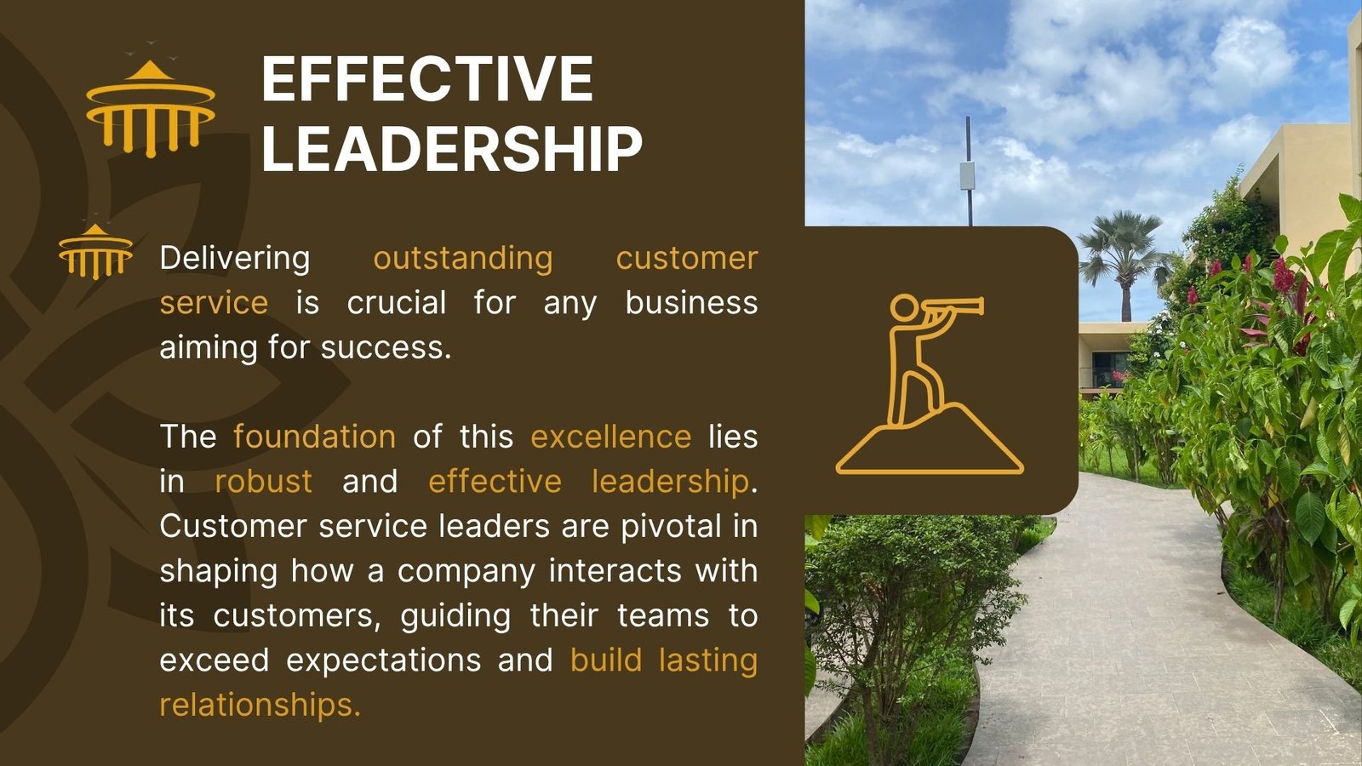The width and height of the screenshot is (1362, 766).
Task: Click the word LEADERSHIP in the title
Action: coord(452,148)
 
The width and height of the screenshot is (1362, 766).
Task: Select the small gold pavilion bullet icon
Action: coord(95,250)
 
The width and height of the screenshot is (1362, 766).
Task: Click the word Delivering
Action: coord(235,259)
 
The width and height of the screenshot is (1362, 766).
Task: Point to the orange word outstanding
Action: coord(463,259)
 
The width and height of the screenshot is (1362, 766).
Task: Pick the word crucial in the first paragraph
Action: coord(397,303)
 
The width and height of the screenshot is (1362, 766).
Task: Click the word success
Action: coord(386,348)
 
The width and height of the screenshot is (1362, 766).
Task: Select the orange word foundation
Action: coord(314,437)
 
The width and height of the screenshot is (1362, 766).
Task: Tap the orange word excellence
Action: coord(610,437)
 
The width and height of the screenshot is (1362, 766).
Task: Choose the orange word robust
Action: coord(263,482)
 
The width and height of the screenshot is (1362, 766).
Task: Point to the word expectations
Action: coord(383,661)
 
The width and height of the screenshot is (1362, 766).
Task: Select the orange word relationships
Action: coord(260,705)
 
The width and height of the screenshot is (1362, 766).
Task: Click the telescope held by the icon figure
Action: coord(953,306)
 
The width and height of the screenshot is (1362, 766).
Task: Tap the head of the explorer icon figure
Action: coord(904,307)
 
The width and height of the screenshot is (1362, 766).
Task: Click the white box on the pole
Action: coord(967,176)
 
